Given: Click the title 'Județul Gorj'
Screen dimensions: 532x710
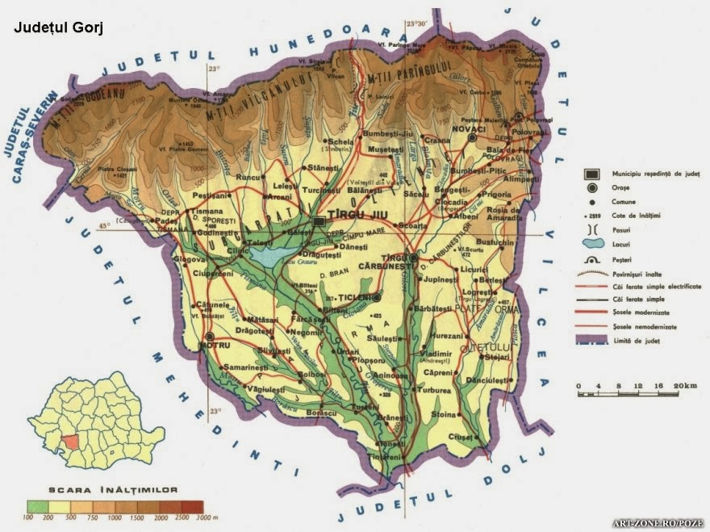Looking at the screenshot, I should tap(58, 27).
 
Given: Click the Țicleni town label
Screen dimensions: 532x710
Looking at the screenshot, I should tap(357, 296).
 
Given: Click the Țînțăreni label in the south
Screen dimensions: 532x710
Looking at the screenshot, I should tap(385, 457).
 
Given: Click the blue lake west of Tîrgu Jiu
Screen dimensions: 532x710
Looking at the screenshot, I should tap(269, 255).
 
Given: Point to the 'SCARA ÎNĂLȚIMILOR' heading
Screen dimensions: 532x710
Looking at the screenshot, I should tap(114, 489).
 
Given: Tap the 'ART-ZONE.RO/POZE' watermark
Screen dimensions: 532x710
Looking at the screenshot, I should tap(658, 523).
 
